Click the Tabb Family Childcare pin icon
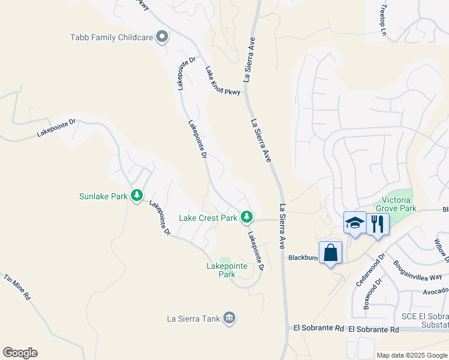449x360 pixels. (161, 37)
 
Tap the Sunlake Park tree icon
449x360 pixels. (137, 196)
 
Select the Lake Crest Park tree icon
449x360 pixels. (246, 217)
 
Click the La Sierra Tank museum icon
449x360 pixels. (229, 317)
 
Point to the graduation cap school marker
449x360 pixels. (355, 223)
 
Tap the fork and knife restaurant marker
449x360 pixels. (378, 224)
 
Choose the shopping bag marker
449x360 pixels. (330, 253)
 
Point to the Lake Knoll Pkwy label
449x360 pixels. (222, 81)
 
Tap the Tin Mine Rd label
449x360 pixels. (17, 289)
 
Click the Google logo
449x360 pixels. (20, 353)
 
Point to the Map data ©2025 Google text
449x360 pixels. (411, 355)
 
